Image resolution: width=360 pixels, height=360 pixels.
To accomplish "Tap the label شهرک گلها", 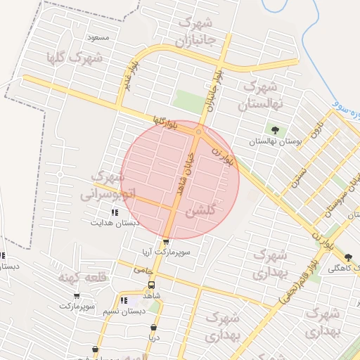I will click(75, 58).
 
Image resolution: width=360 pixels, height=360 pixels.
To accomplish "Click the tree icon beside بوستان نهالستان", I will click(274, 130).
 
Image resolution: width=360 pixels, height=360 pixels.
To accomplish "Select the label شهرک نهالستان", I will click(261, 96).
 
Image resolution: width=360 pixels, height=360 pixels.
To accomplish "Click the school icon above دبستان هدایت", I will click(115, 212).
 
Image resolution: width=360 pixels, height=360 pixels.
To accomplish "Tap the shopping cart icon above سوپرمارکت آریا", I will click(166, 241).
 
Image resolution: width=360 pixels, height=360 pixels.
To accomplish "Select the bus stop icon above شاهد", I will click(151, 285).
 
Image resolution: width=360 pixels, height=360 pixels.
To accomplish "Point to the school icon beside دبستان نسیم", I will click(124, 301).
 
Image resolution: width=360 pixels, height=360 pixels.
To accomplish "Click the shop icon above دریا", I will click(154, 327).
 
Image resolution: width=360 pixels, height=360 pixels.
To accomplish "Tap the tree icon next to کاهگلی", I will click(348, 257).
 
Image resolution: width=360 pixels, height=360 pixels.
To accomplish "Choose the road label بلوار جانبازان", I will click(214, 91).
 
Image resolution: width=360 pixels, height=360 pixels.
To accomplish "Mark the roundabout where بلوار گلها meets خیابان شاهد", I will click(199, 131).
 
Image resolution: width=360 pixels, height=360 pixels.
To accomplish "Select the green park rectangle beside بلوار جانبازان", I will click(188, 102).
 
